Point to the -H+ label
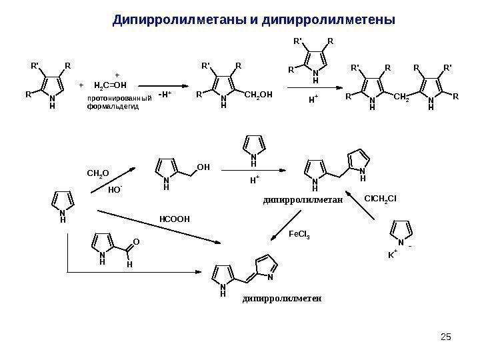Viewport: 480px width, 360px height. [165, 94]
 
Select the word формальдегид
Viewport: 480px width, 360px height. [113, 107]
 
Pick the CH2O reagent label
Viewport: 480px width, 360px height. [97, 175]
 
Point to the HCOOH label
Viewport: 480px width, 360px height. [175, 218]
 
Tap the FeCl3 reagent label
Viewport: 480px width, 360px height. [300, 235]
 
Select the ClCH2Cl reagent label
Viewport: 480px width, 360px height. [381, 197]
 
